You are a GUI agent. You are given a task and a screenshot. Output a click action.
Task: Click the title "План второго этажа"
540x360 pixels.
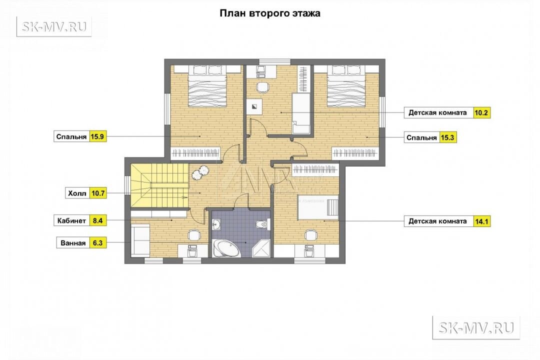coord(270,13)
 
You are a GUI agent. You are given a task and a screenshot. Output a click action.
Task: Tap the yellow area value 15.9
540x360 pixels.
coord(97,137)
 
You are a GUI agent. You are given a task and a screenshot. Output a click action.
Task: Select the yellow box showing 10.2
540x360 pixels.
coord(481,112)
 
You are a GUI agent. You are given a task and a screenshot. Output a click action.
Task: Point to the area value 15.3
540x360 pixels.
coord(447,138)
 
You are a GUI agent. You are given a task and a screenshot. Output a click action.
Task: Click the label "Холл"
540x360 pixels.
coord(77,193)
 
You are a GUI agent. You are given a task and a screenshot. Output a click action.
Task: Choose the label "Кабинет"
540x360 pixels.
coord(71,220)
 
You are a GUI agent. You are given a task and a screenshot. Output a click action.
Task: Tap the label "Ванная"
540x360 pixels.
coord(73,243)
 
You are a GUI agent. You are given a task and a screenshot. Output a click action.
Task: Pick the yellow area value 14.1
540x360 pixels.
coord(481,221)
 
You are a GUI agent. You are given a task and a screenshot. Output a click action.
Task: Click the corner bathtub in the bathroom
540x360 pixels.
coord(226,248)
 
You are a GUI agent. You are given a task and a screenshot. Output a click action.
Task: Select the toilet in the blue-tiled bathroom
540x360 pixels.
coord(262,224)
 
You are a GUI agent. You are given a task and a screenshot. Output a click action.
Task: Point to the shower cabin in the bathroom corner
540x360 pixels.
coord(261,248)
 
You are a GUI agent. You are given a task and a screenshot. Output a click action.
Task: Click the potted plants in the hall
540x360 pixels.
coord(199,172)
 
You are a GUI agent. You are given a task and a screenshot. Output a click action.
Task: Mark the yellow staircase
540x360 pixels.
coord(159,185)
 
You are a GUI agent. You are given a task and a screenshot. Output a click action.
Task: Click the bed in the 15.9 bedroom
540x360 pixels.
coord(207,86)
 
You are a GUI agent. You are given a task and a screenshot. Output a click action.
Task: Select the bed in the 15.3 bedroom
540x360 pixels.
coord(346,86)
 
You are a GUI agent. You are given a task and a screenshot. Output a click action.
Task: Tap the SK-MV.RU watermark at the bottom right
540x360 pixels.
coord(476,327)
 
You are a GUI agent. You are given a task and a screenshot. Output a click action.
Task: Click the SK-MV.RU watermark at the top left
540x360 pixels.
coord(54,26)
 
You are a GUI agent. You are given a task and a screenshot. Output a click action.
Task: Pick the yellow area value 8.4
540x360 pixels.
coord(98,220)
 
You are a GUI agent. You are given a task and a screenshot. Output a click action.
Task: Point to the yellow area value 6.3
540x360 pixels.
coord(98,243)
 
